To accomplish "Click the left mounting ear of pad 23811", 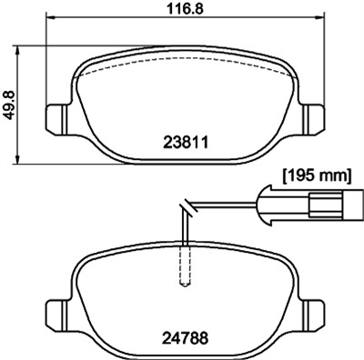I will point(56,116).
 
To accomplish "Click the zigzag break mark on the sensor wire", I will point(186,208).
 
